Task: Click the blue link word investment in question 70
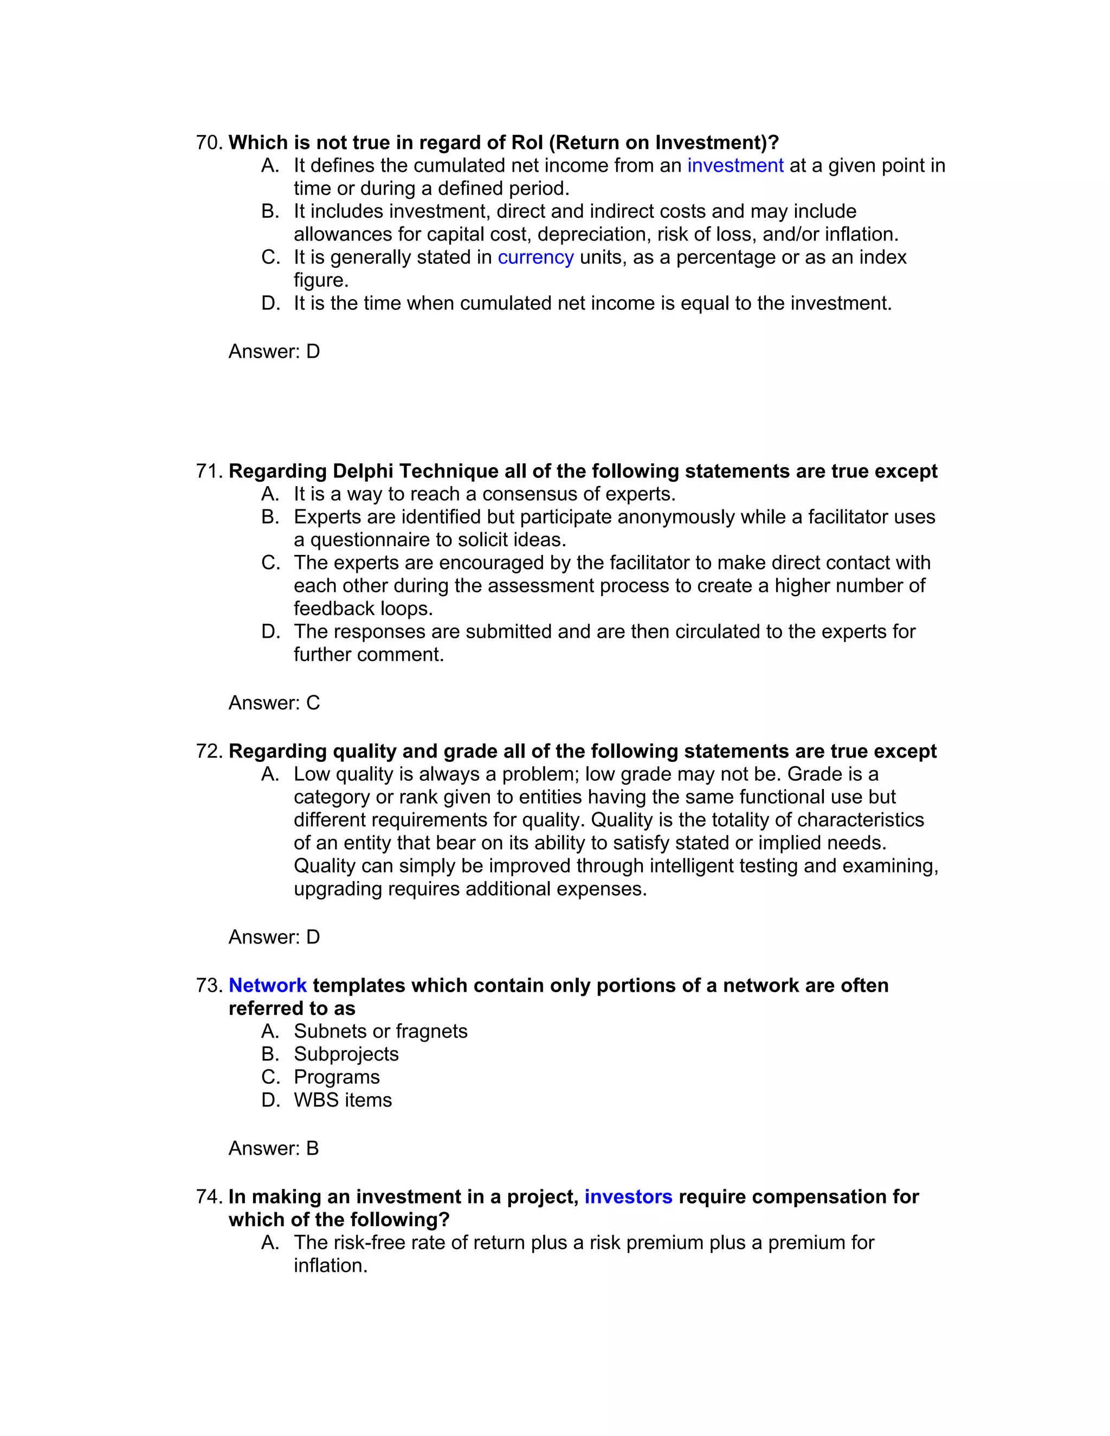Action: coord(735,166)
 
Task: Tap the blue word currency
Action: coord(535,257)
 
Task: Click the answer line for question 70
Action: coord(274,351)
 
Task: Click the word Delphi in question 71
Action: coord(363,471)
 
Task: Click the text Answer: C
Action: coord(274,703)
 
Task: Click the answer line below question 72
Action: coord(274,937)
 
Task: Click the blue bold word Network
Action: coord(268,986)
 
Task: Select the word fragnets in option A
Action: coord(431,1031)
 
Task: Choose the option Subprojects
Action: coord(346,1054)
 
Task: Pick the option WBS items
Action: coord(342,1100)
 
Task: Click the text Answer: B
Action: coord(274,1148)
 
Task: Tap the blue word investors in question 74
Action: coord(628,1196)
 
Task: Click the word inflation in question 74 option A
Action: coord(330,1266)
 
